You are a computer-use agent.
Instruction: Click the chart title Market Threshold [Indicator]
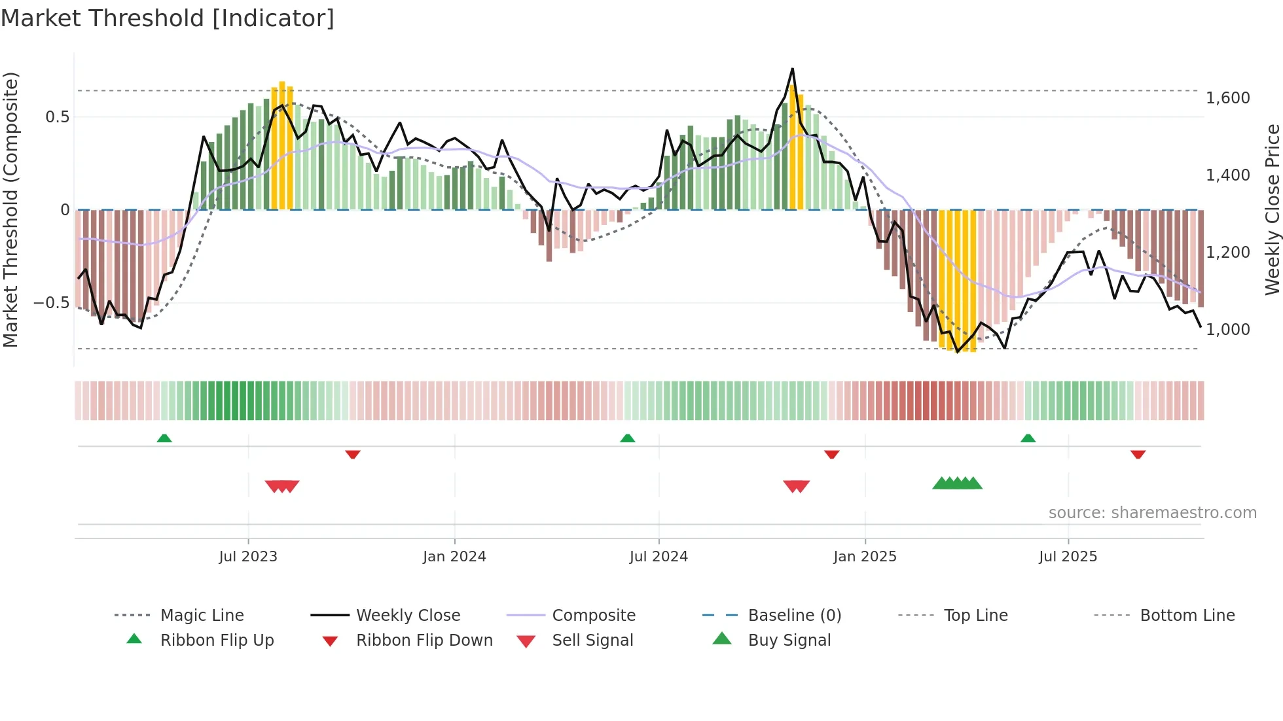point(168,18)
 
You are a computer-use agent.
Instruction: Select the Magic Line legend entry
point(202,615)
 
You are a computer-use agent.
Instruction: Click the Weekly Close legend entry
point(408,615)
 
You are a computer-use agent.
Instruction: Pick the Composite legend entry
point(593,615)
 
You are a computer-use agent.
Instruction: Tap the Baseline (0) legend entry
point(794,615)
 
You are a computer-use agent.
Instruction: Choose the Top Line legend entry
point(975,615)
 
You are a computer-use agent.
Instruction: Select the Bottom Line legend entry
point(1187,615)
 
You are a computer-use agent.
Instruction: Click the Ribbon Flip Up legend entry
point(217,640)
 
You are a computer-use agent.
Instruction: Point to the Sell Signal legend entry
point(592,640)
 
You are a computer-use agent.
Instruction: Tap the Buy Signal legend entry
point(789,640)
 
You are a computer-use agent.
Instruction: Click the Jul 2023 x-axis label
point(248,557)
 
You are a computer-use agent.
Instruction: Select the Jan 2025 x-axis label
point(865,557)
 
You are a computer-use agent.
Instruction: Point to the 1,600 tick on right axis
point(1227,98)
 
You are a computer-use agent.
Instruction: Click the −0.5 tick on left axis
point(52,303)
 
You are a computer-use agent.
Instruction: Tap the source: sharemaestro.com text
point(1152,513)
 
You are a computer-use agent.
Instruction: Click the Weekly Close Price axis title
point(1272,209)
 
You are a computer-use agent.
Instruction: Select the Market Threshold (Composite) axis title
point(10,209)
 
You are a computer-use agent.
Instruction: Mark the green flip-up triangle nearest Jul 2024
point(627,438)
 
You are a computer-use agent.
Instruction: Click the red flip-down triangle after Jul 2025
point(1138,454)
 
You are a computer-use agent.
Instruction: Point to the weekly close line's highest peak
point(792,69)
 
